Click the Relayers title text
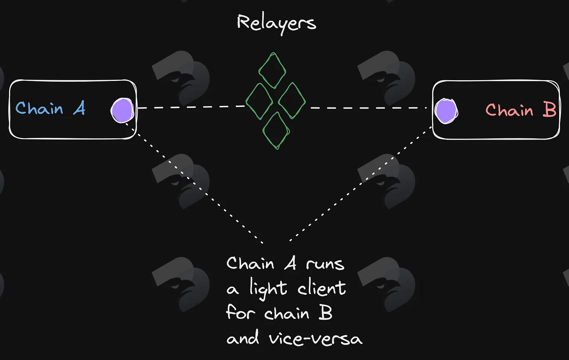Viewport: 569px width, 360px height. [x=276, y=24]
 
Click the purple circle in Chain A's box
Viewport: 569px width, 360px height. [x=122, y=111]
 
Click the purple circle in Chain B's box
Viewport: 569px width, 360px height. [x=446, y=111]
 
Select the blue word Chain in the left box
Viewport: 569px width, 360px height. [x=39, y=108]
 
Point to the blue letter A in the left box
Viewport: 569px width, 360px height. [x=79, y=108]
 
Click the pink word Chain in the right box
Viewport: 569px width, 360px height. [x=509, y=110]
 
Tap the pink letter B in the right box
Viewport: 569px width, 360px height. [x=549, y=110]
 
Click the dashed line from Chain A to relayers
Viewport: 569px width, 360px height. [x=191, y=107]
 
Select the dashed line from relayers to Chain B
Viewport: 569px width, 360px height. [x=369, y=108]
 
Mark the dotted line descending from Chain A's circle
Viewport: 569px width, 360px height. [x=195, y=183]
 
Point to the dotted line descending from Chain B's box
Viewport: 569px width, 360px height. [x=361, y=183]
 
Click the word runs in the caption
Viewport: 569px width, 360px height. [x=325, y=264]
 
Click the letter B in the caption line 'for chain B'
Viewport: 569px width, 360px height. [x=326, y=312]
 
